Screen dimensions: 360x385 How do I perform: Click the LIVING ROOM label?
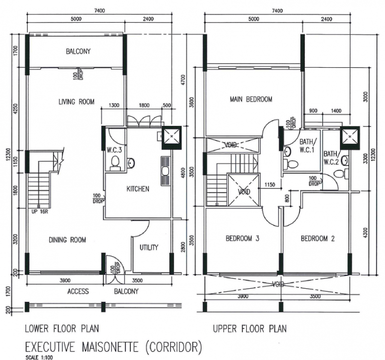coord(76,102)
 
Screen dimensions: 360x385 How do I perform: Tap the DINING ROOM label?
coord(67,240)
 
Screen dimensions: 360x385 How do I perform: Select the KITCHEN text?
coord(137,189)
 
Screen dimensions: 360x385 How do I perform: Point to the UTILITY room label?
coord(149,247)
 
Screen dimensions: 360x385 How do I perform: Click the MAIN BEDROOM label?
coord(251,99)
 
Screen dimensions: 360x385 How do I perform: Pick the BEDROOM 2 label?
coord(317,239)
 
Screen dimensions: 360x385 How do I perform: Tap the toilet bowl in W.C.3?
coord(115,162)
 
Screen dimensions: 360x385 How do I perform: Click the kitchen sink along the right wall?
coord(165,170)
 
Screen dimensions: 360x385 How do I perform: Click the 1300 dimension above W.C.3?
coord(114,106)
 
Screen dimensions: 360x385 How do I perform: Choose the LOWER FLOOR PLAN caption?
coord(62,329)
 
